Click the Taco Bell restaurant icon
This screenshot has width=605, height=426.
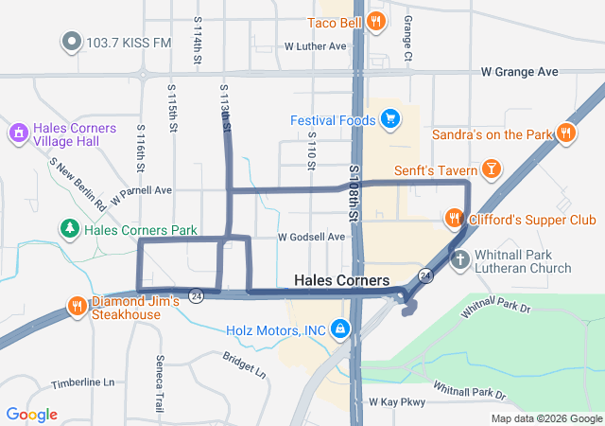tap(376, 21)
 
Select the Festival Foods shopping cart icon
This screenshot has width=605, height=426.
tap(389, 119)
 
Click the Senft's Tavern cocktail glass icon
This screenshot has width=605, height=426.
tap(491, 169)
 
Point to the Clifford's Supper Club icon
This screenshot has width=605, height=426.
tap(455, 220)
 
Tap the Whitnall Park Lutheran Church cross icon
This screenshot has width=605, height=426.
tap(460, 258)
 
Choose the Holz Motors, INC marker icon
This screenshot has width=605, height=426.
tap(339, 329)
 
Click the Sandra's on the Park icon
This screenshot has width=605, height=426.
tap(566, 134)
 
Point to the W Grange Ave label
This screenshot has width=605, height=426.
tap(519, 72)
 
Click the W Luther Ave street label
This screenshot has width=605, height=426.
tap(316, 45)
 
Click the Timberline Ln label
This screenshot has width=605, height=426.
tap(82, 382)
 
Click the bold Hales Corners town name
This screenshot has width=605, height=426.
tap(341, 281)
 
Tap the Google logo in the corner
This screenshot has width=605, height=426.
tap(31, 415)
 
